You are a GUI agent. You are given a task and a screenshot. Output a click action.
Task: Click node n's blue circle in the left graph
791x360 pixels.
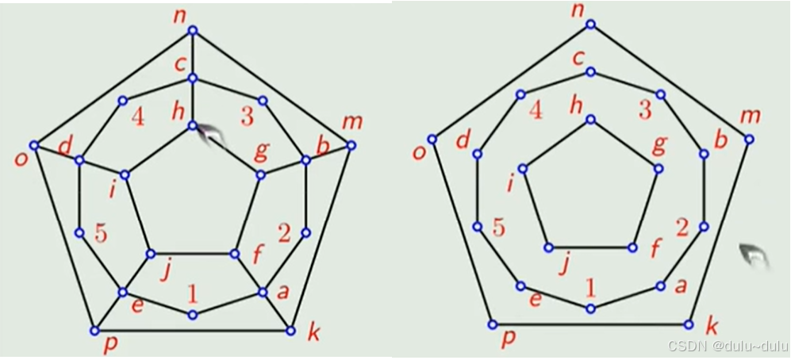pos(193,31)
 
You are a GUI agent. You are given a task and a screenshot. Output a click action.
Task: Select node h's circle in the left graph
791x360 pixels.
pos(193,125)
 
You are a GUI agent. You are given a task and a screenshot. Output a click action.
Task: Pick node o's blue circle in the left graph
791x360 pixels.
pos(34,145)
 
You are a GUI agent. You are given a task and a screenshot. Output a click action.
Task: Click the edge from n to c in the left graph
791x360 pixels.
pos(193,54)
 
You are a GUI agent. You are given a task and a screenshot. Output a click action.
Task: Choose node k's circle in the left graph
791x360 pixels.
pos(291,330)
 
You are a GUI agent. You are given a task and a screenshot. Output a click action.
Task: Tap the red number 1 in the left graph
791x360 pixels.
pos(192,294)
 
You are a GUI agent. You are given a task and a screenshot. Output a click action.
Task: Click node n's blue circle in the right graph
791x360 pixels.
pos(590,25)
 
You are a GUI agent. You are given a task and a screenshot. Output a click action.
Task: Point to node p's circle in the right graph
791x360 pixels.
pos(492,324)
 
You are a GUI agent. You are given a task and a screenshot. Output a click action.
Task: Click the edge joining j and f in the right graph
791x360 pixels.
pos(589,247)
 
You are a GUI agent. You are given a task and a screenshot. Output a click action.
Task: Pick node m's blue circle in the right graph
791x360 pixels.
pos(749,139)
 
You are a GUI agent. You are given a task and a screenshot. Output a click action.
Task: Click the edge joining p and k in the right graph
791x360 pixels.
pos(590,324)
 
